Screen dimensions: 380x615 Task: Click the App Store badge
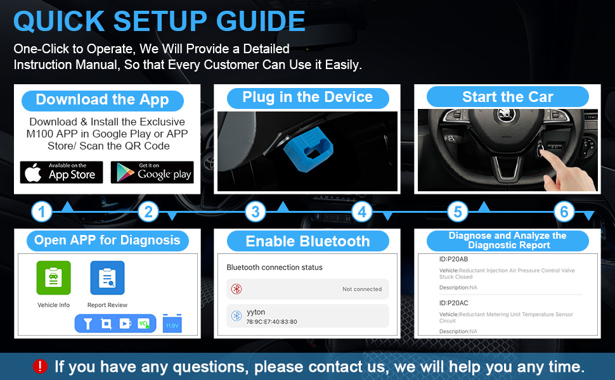(x=61, y=172)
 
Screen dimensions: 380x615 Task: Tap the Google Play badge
(x=152, y=172)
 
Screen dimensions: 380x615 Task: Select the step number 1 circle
(x=41, y=212)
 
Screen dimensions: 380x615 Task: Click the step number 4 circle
(x=361, y=212)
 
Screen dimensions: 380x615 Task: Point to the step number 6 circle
(x=564, y=212)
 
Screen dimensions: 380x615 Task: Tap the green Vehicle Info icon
(x=53, y=277)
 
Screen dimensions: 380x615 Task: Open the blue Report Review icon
(x=107, y=277)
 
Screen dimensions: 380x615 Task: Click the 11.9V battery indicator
(x=172, y=323)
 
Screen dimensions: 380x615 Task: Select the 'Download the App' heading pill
(x=102, y=100)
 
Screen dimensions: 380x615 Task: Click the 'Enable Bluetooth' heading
(x=307, y=241)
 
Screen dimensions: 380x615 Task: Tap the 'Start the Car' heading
(x=507, y=97)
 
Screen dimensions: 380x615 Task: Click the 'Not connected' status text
(x=362, y=289)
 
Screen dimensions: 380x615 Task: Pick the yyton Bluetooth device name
(x=257, y=312)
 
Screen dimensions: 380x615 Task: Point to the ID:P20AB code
(x=454, y=259)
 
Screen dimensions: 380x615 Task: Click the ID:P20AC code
(x=454, y=303)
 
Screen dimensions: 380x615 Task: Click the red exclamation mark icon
(x=41, y=366)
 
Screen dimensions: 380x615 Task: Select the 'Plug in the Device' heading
(x=307, y=97)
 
